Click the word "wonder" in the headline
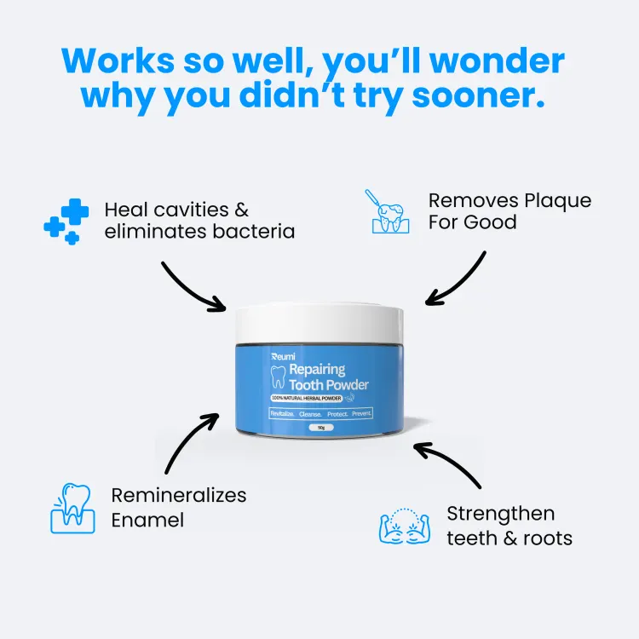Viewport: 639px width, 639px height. coord(498,61)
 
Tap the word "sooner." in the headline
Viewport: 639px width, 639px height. coord(479,95)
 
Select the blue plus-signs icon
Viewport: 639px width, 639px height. coord(66,222)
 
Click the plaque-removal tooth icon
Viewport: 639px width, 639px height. coord(387,211)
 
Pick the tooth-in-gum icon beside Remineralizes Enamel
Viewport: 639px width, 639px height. coord(72,508)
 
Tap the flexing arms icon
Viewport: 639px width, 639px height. coord(404,526)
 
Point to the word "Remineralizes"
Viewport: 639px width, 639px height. coord(179,496)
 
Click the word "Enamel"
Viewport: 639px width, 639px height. coord(147,520)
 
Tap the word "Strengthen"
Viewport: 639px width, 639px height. coord(501,514)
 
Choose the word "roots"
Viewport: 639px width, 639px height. coord(548,538)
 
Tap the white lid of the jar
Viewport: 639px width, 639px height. coord(319,323)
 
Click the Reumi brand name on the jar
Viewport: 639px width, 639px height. coord(283,357)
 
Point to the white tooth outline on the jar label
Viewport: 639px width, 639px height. coord(279,377)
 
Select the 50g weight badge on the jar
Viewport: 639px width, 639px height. coord(321,428)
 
